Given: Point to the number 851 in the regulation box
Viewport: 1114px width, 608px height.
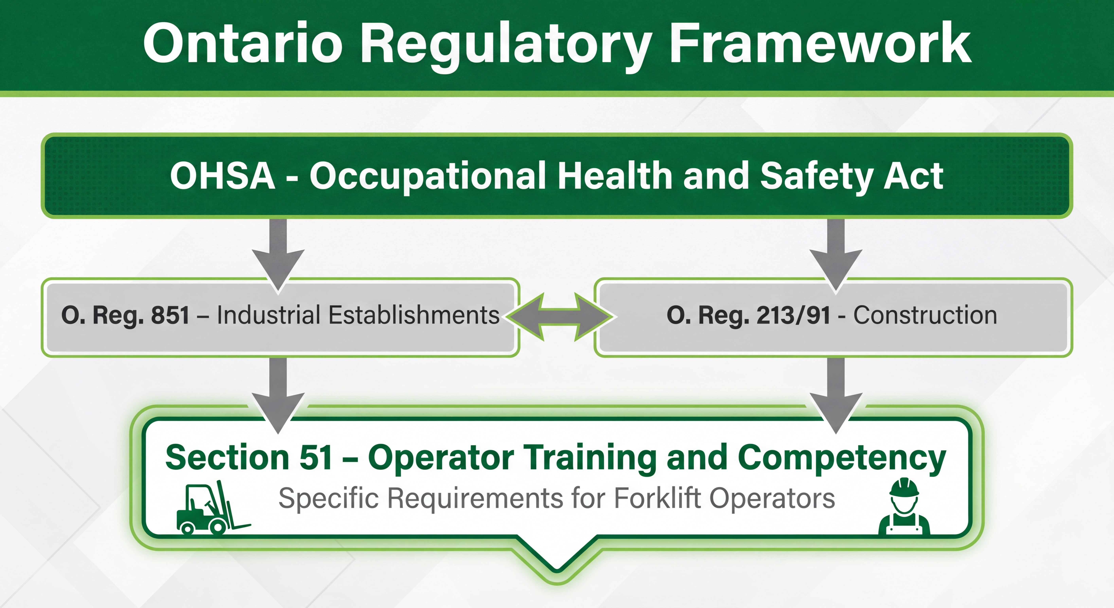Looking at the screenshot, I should click(x=170, y=315).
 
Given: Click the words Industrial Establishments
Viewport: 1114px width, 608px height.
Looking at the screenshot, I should click(x=358, y=315).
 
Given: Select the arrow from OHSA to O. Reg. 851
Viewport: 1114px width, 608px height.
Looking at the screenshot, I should click(x=278, y=255).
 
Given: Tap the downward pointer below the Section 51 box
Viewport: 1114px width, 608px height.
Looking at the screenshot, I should click(x=557, y=558).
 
